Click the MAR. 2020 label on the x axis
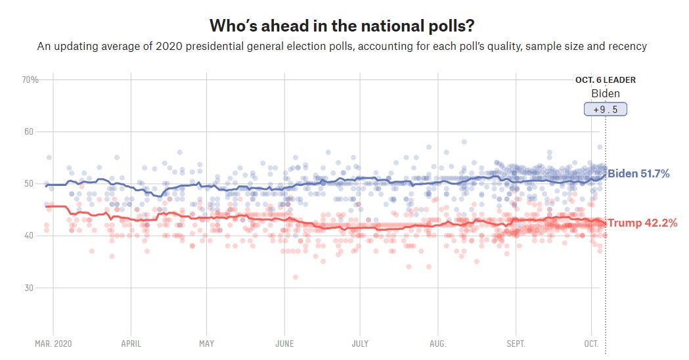coord(53,344)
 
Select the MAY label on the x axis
coord(206,344)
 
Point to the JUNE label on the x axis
coord(284,344)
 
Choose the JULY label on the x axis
coord(360,344)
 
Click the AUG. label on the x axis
coord(437,344)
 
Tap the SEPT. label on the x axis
coord(516,344)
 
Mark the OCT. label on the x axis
coord(591,344)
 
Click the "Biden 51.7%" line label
coord(638,174)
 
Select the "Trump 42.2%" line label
coord(642,223)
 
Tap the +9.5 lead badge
coord(606,110)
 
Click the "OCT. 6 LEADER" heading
coord(606,80)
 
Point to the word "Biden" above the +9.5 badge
coord(606,93)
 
